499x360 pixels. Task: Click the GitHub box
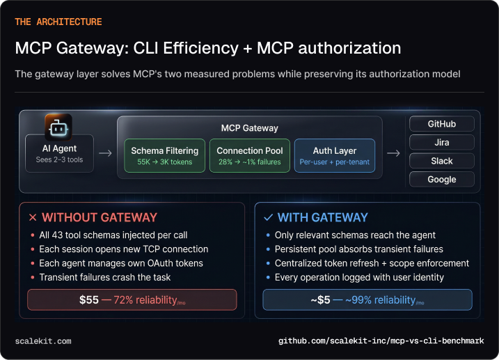pyautogui.click(x=441, y=124)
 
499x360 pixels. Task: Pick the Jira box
pyautogui.click(x=441, y=142)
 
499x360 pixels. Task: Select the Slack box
pyautogui.click(x=441, y=161)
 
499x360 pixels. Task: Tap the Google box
pyautogui.click(x=441, y=179)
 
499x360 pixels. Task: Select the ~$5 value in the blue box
pyautogui.click(x=321, y=299)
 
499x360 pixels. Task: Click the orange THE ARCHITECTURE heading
pyautogui.click(x=58, y=22)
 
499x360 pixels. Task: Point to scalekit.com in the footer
pyautogui.click(x=43, y=341)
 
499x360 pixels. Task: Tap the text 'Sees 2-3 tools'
pyautogui.click(x=60, y=160)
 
